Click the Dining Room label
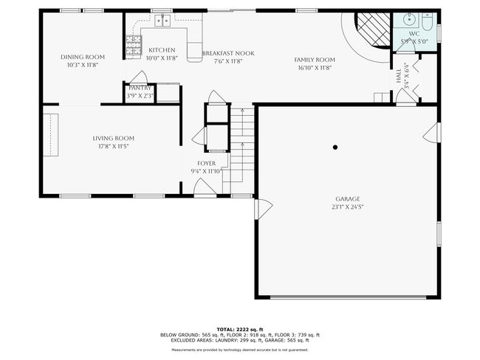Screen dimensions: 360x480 click(82, 57)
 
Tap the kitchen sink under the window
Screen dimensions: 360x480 click(162, 21)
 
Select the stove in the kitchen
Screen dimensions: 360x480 click(134, 47)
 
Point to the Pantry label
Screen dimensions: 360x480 click(140, 89)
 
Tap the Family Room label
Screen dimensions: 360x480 click(315, 60)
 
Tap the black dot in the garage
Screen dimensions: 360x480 click(335, 147)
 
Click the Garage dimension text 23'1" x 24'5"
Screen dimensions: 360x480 click(347, 207)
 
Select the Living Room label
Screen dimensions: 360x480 click(114, 138)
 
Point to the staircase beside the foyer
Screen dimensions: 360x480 click(241, 144)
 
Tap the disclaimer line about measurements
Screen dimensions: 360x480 click(239, 350)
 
